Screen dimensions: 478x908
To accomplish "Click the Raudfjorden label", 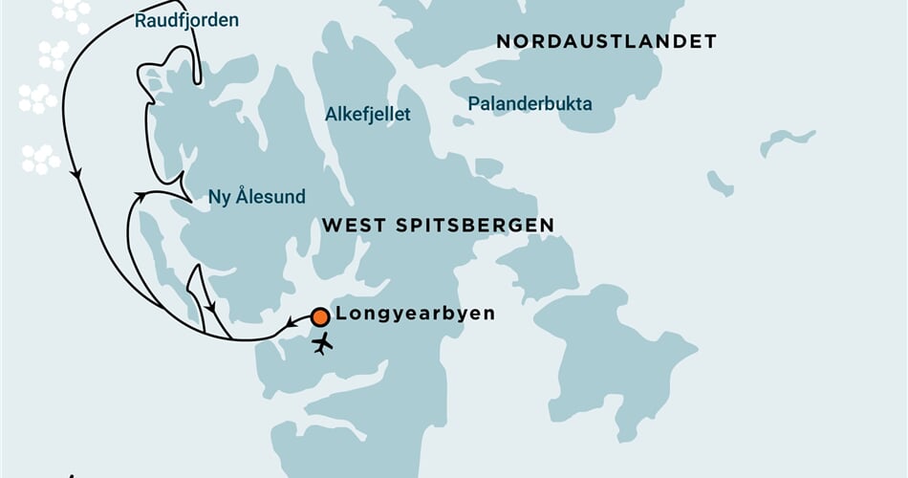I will click(x=186, y=20).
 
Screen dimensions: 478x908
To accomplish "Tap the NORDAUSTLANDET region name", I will click(x=606, y=41).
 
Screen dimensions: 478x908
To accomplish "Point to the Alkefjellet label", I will click(x=368, y=115).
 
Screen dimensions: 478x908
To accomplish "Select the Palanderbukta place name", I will click(x=530, y=104).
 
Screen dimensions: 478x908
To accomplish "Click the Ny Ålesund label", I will click(x=256, y=198).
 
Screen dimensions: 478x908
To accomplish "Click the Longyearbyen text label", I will click(x=416, y=314).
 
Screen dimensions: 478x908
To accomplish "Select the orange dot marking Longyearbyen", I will click(x=320, y=316).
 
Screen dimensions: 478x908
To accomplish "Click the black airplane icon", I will click(x=323, y=342).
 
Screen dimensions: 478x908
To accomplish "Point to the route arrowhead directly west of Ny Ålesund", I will click(x=141, y=196).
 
